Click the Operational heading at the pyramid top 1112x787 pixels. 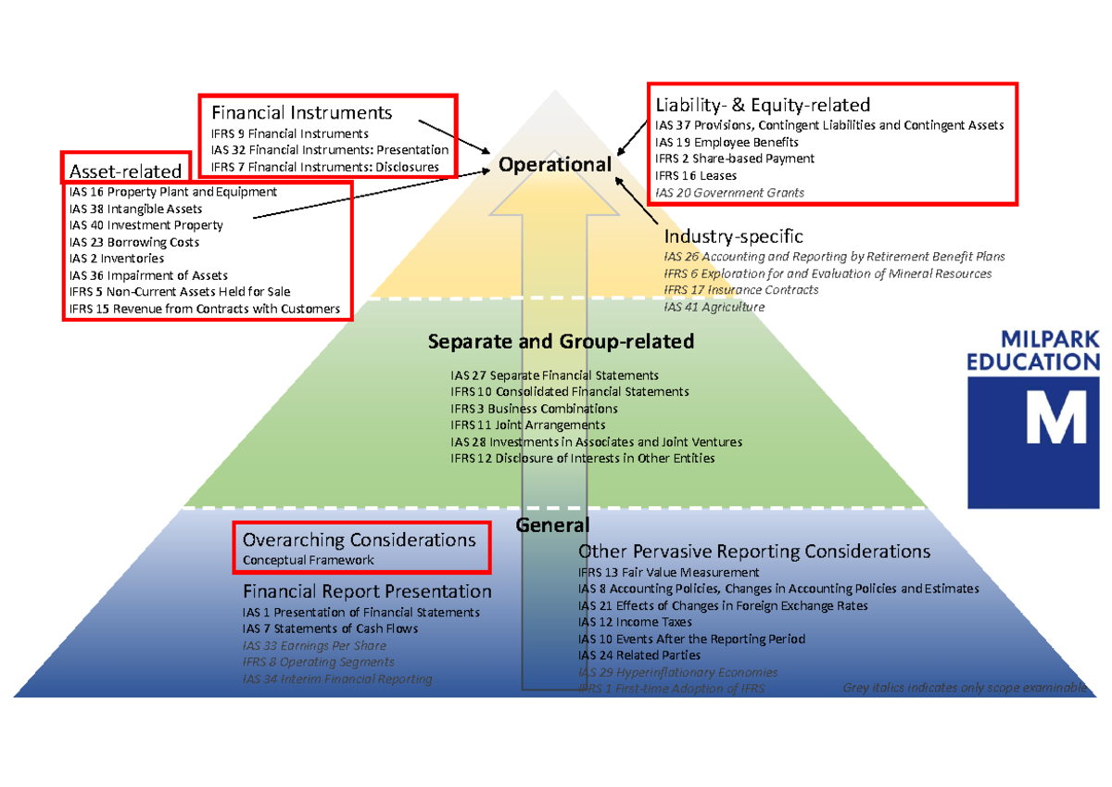[555, 164]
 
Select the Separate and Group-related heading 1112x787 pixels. [561, 341]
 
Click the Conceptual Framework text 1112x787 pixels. [309, 560]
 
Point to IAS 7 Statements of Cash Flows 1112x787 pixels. [330, 628]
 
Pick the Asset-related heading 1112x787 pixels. [125, 171]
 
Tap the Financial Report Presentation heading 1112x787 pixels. [367, 591]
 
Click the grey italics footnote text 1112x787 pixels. [964, 688]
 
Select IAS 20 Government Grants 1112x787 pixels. [729, 193]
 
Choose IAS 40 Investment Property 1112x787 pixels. [145, 225]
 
